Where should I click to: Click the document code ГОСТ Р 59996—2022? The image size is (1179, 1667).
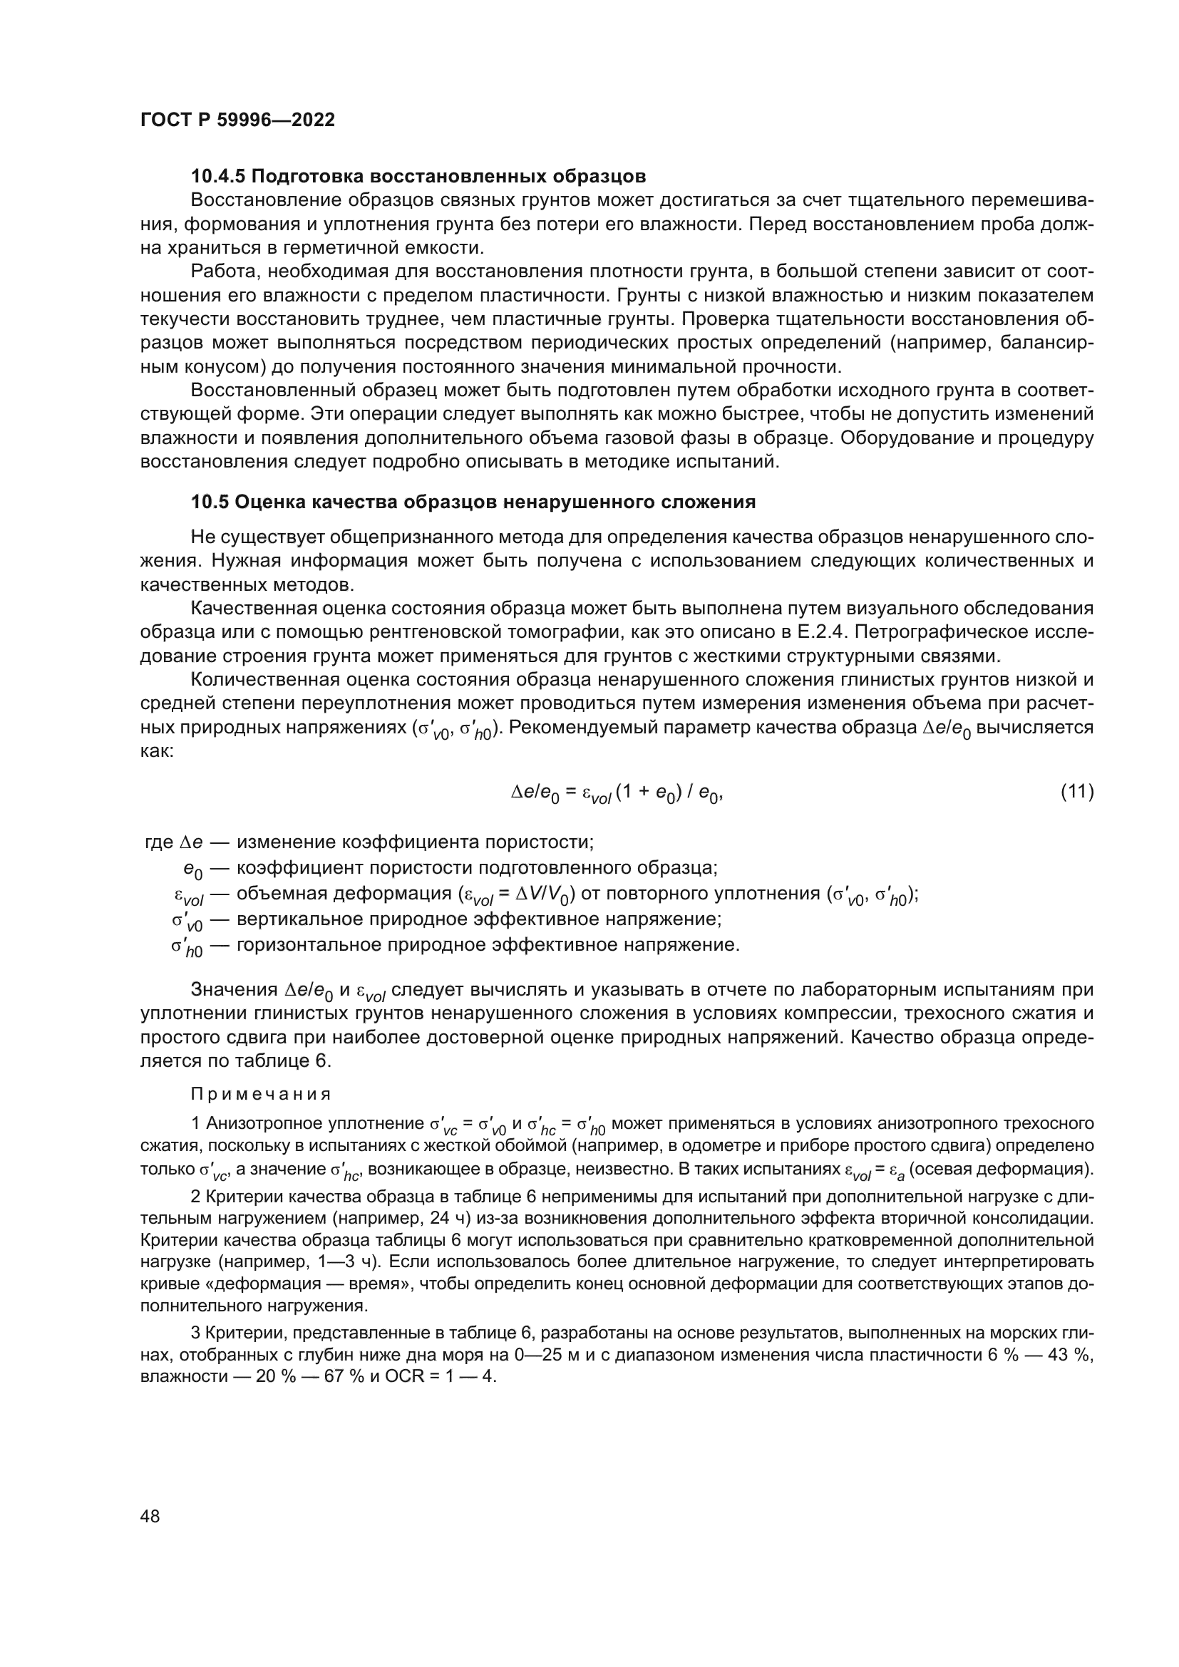(237, 120)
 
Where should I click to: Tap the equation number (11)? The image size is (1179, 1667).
(1076, 790)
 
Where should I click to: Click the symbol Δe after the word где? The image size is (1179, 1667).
(190, 842)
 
